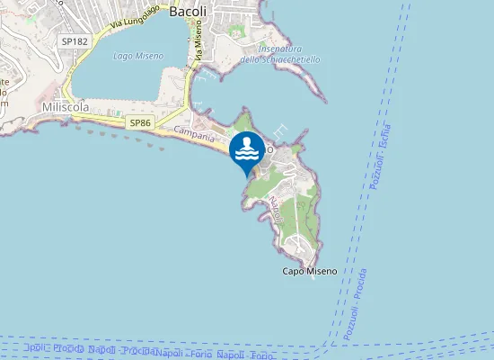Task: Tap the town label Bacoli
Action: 189,12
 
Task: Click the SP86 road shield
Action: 137,122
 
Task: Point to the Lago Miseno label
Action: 138,56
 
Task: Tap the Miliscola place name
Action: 66,106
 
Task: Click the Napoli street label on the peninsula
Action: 276,210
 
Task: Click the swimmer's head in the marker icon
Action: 247,140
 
